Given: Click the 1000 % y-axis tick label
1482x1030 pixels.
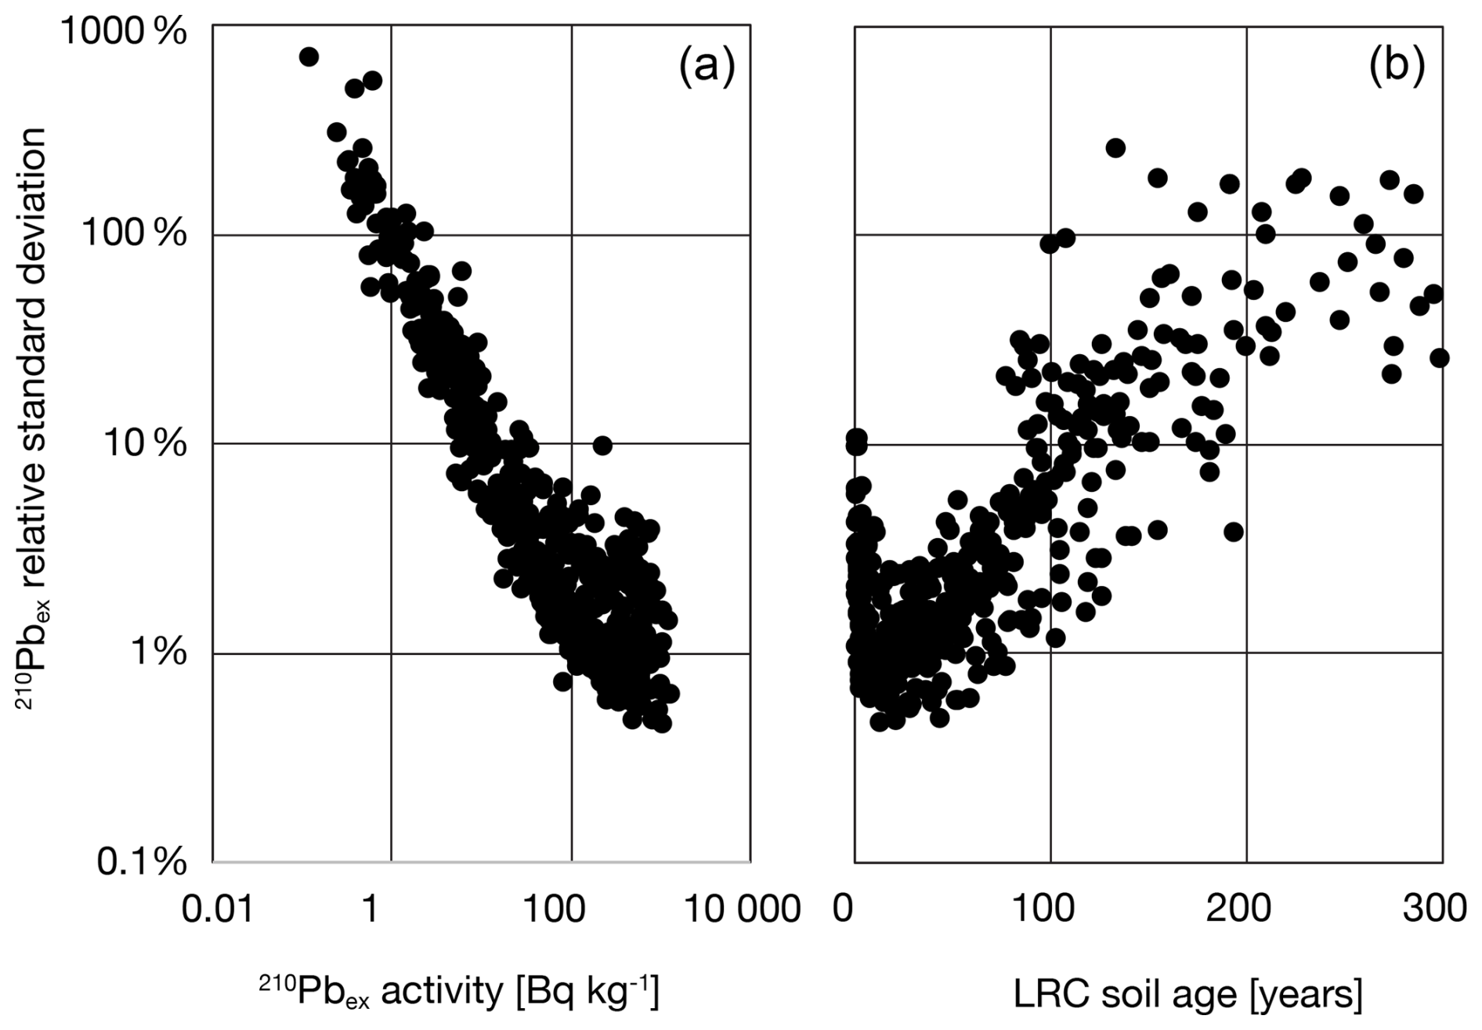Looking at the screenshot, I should tap(125, 33).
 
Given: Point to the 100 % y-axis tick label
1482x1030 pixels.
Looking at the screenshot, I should tap(134, 234).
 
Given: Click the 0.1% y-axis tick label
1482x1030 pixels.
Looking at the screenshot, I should tap(143, 862).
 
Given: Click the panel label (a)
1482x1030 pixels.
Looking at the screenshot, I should tap(707, 67).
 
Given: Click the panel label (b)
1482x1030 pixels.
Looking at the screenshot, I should tap(1397, 67).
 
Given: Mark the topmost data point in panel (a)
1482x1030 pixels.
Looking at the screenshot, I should tap(309, 56).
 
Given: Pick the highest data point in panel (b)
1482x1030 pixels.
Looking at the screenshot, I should tap(1115, 148).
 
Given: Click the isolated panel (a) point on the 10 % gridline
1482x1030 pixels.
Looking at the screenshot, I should tap(602, 445).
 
